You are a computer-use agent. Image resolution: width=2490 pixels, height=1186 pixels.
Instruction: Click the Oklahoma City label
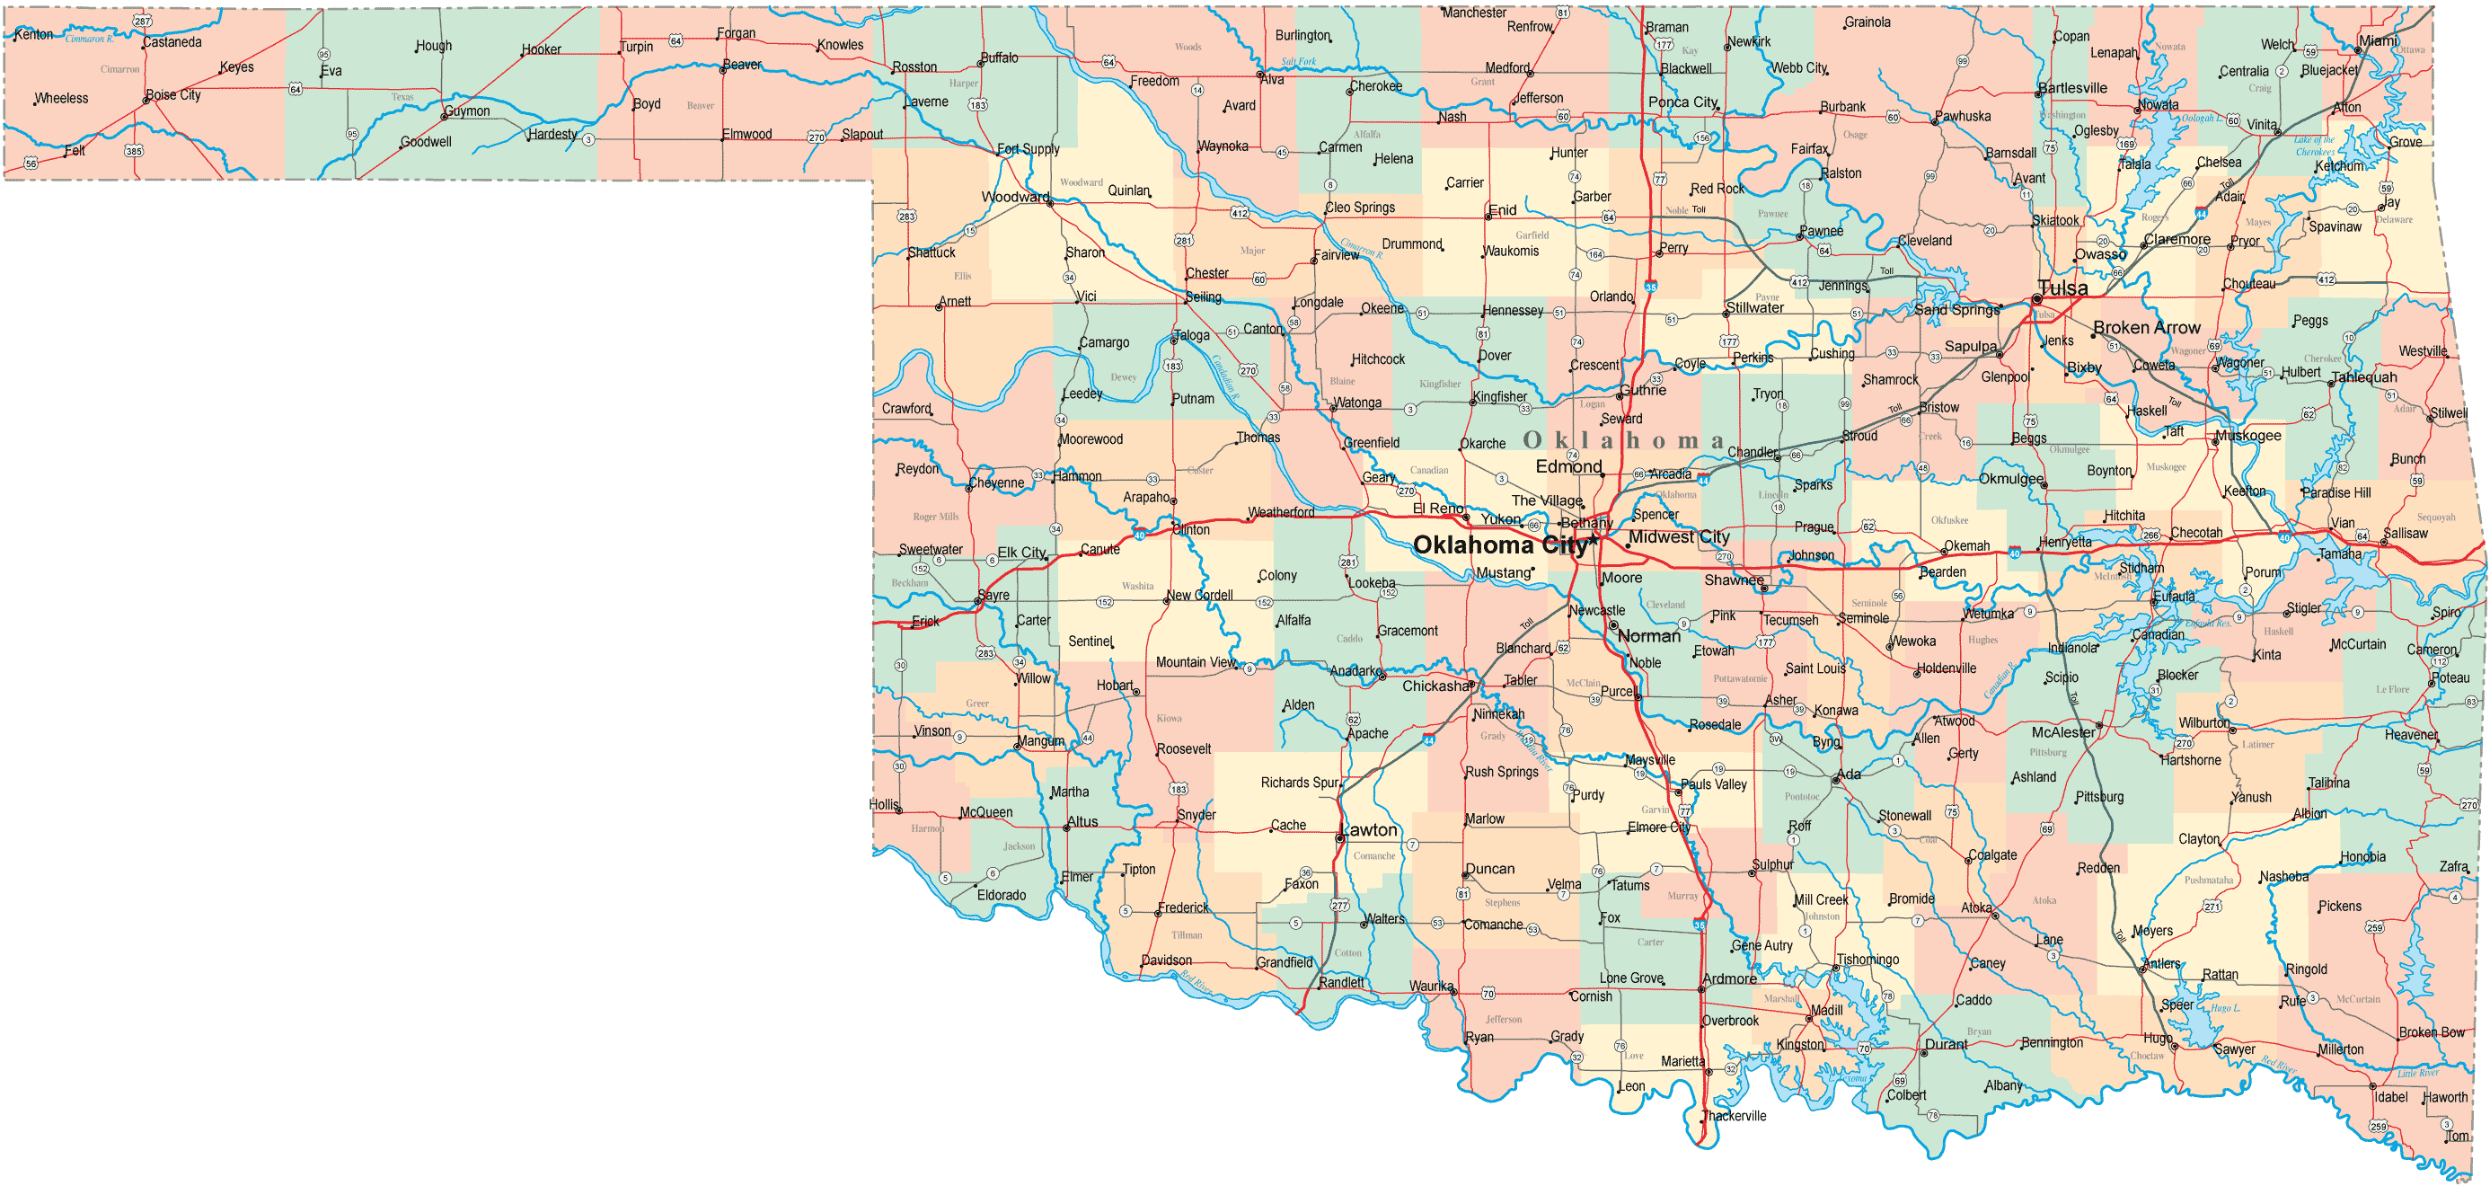click(1499, 545)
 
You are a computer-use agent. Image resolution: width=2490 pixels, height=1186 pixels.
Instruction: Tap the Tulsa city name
click(2062, 288)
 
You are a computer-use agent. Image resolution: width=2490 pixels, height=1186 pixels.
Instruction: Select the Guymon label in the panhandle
click(467, 111)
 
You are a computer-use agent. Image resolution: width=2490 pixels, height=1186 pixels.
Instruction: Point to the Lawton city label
click(1370, 830)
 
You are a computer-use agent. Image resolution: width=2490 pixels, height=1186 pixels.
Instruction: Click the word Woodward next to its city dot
click(1015, 197)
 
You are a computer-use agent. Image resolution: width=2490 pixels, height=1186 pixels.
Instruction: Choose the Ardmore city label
click(1729, 979)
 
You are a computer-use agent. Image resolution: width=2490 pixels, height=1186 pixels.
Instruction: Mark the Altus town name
click(1082, 823)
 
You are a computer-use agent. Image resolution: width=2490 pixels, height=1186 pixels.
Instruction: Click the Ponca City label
click(1682, 102)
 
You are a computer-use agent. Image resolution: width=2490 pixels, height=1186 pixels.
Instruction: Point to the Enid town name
click(1502, 211)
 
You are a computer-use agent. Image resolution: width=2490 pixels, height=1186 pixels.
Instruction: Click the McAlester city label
click(2062, 732)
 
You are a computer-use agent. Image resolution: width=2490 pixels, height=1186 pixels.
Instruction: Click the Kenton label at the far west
click(34, 35)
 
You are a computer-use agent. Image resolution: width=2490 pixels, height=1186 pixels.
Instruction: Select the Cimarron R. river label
click(89, 40)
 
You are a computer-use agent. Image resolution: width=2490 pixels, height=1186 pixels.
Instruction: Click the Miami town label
click(2378, 40)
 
